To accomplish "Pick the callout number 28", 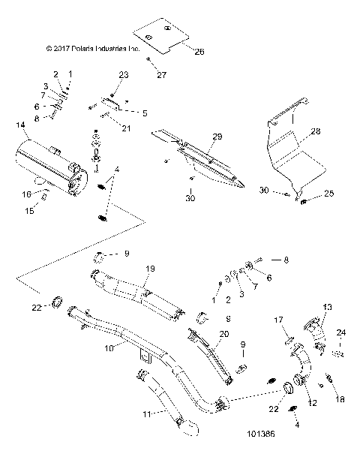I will pyautogui.click(x=315, y=131).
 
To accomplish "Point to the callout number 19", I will pyautogui.click(x=150, y=267).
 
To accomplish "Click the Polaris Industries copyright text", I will pyautogui.click(x=92, y=49).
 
